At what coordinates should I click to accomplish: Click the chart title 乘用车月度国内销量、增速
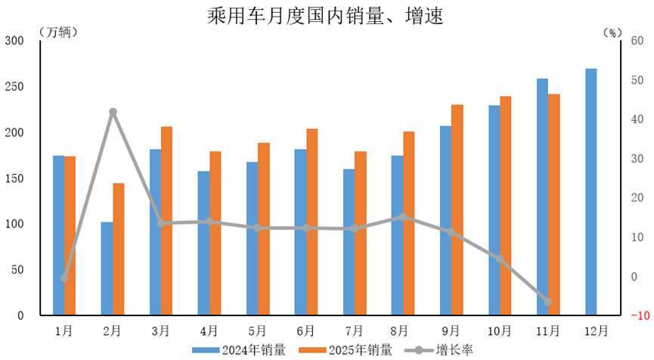[327, 15]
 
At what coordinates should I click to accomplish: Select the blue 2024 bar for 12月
[590, 191]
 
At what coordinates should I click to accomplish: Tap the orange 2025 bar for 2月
[119, 249]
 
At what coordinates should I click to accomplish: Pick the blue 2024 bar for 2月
[107, 268]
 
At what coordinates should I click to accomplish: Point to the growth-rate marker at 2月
[113, 112]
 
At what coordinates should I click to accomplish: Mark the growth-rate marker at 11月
[548, 302]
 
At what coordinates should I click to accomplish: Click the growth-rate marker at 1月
[64, 278]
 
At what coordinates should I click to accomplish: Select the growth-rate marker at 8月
[403, 217]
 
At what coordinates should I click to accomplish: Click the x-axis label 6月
[306, 331]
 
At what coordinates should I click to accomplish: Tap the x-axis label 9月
[451, 331]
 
